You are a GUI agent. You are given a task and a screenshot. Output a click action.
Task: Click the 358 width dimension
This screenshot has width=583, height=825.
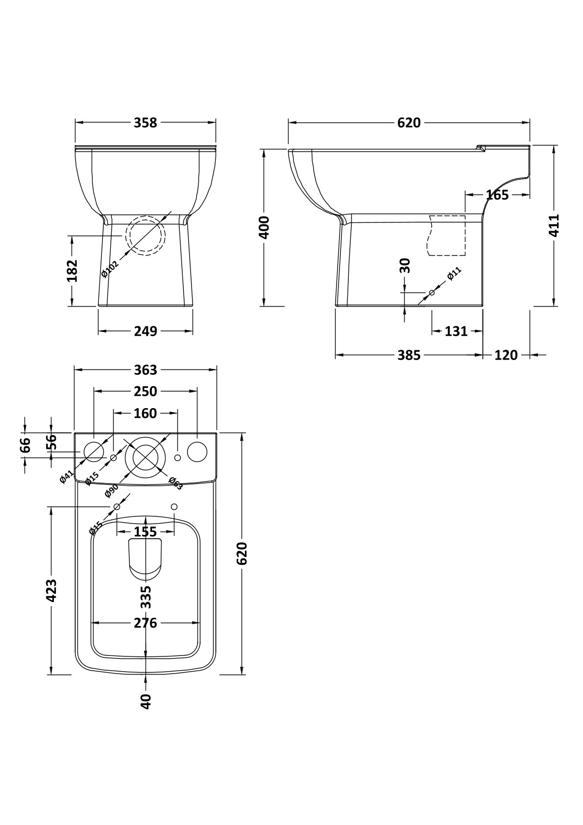[145, 122]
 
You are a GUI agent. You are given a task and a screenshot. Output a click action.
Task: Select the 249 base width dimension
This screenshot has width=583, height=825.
[146, 331]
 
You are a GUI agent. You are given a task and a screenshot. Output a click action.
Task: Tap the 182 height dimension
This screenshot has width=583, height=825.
[73, 271]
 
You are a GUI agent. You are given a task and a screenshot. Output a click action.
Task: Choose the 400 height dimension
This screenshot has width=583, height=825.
[265, 227]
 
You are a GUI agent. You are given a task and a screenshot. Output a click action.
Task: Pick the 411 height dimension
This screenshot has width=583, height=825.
[553, 225]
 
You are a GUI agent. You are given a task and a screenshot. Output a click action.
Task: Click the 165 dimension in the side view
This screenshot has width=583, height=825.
[497, 195]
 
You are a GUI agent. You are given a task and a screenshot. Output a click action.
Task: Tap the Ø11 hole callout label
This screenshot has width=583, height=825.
[454, 274]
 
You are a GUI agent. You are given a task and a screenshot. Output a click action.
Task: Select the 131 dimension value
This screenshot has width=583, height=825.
[456, 332]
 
